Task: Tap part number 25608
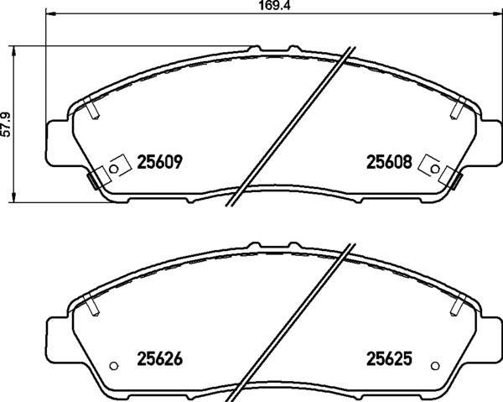[387, 162]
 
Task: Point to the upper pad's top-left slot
[92, 108]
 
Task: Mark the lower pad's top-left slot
[91, 306]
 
